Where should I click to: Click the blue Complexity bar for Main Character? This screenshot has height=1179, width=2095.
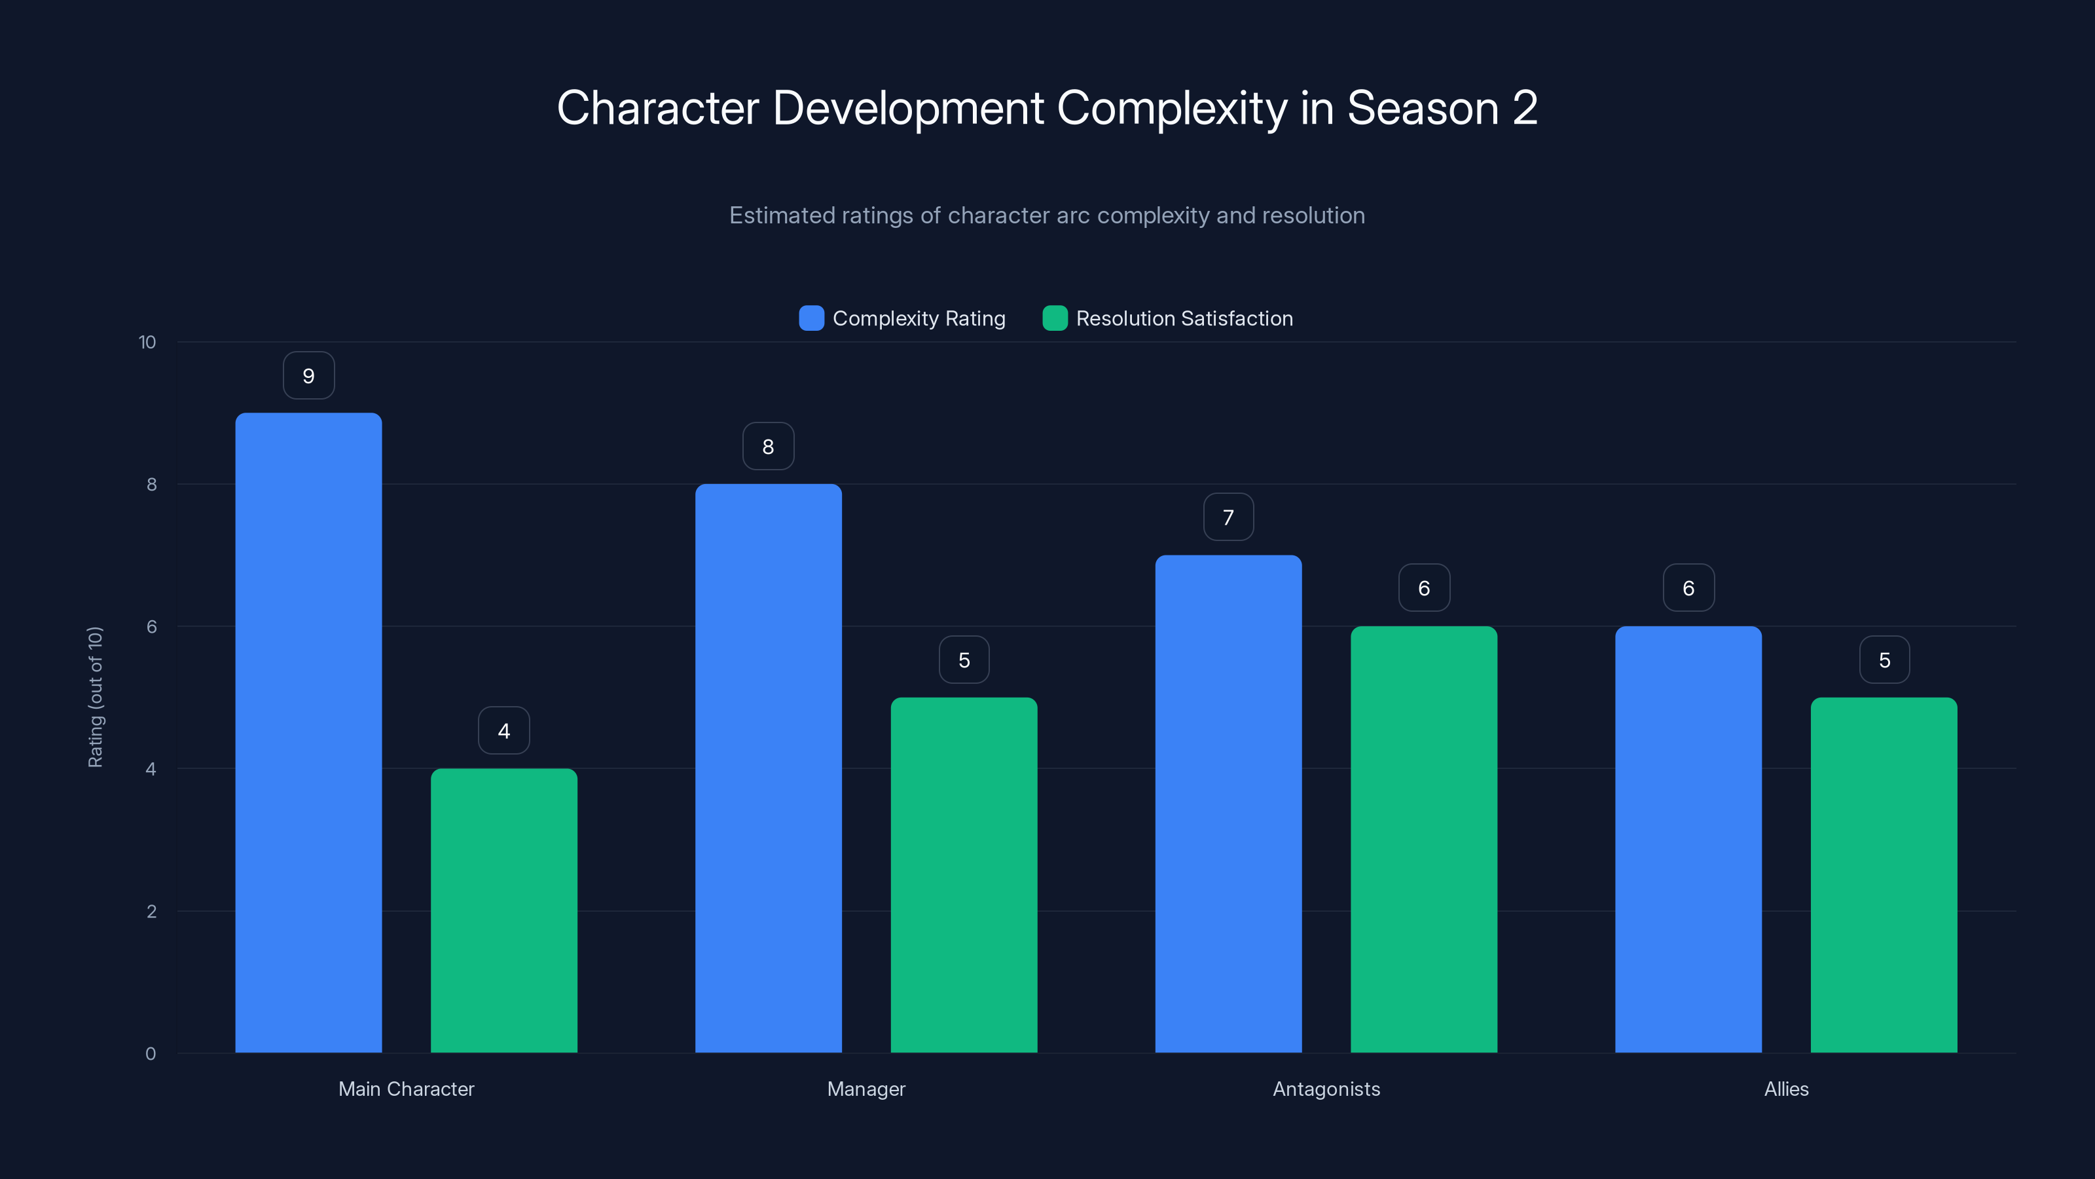308,732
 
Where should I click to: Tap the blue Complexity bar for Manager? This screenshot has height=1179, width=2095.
768,768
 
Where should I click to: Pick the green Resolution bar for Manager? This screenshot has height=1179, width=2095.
964,874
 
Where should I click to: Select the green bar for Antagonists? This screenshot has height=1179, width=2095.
1423,839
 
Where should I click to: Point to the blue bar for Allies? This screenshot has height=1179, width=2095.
1688,839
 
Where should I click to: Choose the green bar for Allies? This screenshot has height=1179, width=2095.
1884,874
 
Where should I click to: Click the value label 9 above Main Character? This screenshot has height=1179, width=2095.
308,376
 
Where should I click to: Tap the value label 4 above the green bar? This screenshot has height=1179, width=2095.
503,731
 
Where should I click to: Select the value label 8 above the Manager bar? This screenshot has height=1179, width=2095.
768,447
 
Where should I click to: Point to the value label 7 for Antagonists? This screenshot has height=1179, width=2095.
1228,517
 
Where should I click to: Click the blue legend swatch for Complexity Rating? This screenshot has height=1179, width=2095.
811,318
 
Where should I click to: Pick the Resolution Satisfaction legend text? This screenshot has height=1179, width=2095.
1184,318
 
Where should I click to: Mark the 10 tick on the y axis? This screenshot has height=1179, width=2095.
147,342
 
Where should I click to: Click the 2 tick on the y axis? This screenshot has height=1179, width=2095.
151,911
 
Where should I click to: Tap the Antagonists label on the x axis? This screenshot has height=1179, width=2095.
1326,1089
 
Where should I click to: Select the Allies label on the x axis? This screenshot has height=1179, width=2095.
1786,1089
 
